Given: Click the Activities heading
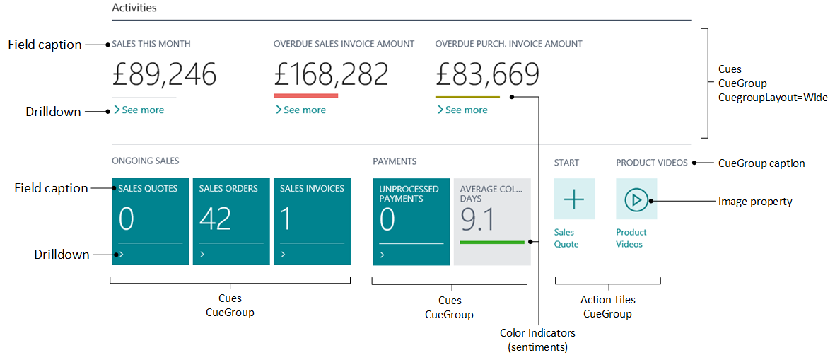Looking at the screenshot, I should [x=134, y=8].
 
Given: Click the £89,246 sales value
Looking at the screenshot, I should [x=164, y=74].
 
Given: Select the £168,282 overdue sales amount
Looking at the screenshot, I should [x=331, y=74].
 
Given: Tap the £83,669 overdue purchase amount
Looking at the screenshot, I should [x=487, y=74].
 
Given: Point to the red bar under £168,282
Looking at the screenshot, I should [x=305, y=95].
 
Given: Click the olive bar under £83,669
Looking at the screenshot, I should [x=467, y=96].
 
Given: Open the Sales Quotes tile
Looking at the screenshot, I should [x=150, y=221].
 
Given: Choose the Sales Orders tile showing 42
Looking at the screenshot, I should [x=230, y=221].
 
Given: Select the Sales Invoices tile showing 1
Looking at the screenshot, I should [x=312, y=221].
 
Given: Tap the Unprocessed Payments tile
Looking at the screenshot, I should [x=411, y=221].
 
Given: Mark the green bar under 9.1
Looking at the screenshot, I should [x=492, y=243].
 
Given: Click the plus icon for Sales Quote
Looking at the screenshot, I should [x=574, y=199].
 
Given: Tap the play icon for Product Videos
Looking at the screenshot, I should [x=636, y=199].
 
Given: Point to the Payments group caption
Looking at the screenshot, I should [x=395, y=162].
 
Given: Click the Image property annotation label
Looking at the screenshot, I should [x=755, y=202].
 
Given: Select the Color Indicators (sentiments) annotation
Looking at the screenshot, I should [x=537, y=339].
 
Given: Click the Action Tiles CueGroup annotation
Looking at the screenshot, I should [x=607, y=307].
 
